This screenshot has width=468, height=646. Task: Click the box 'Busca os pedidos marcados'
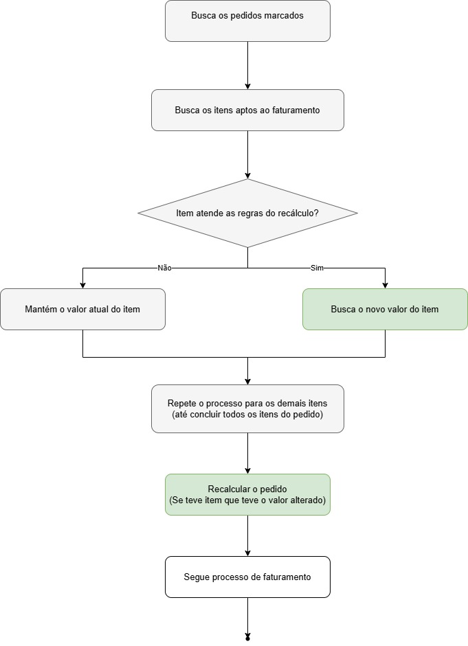247,21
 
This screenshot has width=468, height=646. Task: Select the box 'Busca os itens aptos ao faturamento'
247,110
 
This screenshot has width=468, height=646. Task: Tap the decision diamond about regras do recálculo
247,213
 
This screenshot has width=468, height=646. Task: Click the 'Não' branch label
164,268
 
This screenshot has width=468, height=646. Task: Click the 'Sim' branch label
317,268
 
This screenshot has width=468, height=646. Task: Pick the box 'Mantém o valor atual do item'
82,309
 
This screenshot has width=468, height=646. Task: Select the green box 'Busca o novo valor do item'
385,309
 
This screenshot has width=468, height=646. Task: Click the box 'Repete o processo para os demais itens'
247,408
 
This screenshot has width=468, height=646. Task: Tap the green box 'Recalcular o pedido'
247,494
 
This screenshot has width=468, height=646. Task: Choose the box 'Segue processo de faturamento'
247,577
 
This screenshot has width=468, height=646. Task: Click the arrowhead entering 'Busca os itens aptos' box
247,86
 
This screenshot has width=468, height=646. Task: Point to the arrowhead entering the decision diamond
247,175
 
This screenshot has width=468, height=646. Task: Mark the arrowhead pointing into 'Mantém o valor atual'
82,285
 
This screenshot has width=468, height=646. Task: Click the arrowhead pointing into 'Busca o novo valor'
385,285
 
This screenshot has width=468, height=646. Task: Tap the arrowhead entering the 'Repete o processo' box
247,382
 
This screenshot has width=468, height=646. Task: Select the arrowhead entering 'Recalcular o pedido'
247,470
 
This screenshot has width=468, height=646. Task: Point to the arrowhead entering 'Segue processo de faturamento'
247,553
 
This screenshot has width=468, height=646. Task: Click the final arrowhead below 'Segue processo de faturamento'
247,637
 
